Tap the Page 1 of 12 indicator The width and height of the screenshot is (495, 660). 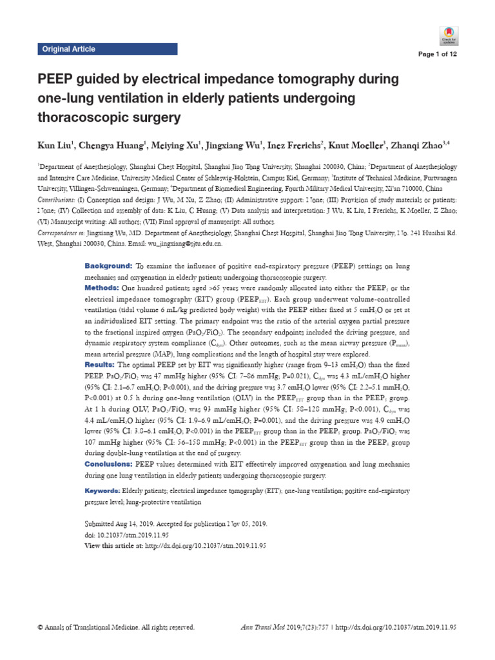point(437,54)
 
